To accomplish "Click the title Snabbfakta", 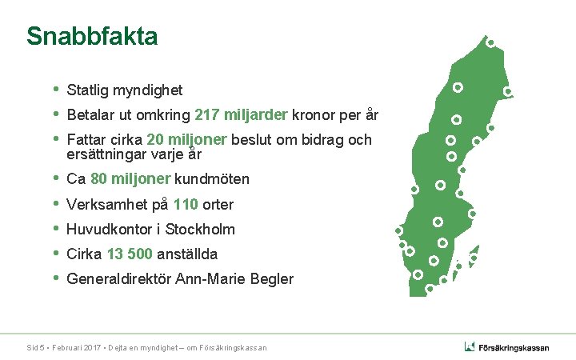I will click(92, 37).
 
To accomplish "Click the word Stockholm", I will click(200, 229).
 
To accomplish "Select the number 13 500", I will click(130, 254).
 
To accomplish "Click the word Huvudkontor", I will click(113, 229).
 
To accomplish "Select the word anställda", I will click(190, 254).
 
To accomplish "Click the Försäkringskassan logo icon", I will click(470, 346).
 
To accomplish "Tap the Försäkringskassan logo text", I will click(514, 347).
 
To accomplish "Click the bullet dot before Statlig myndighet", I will click(55, 89).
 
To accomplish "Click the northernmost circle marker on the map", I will click(490, 42).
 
